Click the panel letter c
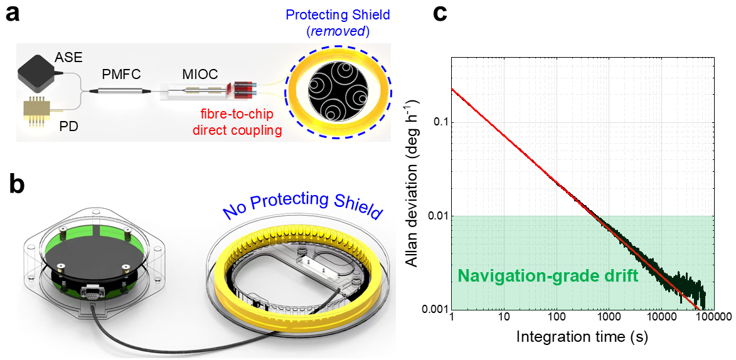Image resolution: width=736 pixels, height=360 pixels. pyautogui.click(x=440, y=14)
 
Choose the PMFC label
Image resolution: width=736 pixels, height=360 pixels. pyautogui.click(x=122, y=75)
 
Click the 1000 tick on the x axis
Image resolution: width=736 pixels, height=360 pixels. pyautogui.click(x=608, y=319)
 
